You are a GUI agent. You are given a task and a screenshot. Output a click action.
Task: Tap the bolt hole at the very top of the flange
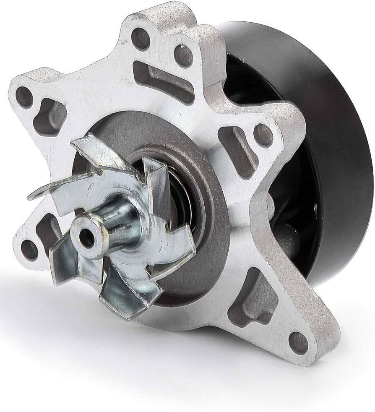point(140,37)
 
